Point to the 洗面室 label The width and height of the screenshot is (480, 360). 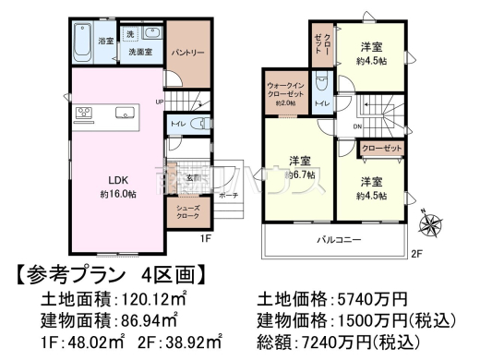tap(140, 54)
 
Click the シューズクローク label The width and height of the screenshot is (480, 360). tap(188, 211)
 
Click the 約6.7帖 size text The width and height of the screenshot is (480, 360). tap(302, 173)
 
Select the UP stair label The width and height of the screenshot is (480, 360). tap(159, 102)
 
